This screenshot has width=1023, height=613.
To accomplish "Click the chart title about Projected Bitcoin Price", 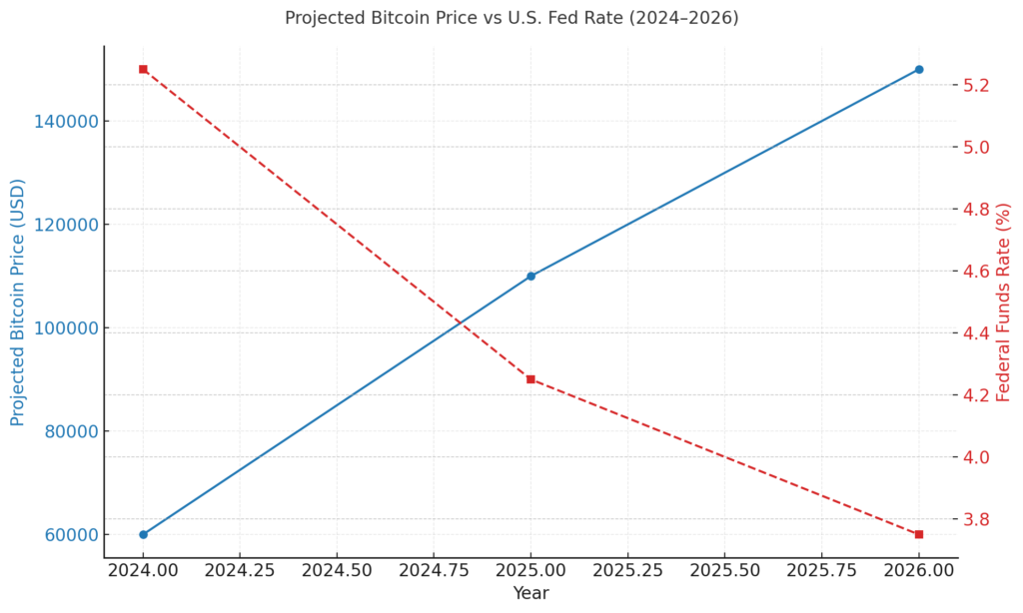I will tap(511, 18).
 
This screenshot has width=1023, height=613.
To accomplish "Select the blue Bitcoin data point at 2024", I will tap(143, 534).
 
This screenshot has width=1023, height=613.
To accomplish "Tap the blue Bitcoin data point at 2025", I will tap(530, 276).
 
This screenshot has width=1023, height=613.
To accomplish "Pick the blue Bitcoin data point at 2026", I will tap(919, 70).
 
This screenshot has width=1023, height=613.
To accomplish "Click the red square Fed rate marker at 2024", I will tap(143, 70).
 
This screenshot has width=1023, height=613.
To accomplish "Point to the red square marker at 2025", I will tap(530, 379).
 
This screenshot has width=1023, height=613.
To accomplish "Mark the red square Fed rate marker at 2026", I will tap(919, 534).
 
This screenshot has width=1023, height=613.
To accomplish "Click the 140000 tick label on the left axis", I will tap(67, 121).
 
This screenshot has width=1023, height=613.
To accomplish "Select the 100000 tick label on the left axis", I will tap(67, 327).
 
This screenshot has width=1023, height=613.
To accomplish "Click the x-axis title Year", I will tap(530, 594).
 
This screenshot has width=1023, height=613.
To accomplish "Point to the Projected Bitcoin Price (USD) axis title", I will tap(18, 302).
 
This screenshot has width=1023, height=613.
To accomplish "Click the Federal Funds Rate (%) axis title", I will tap(1004, 302).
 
